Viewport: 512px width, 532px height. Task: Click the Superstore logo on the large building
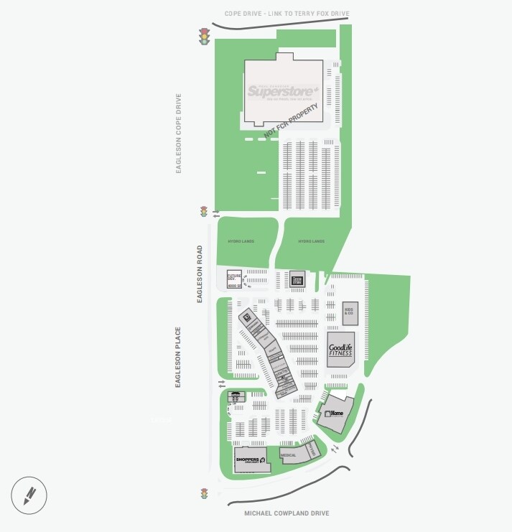[x=282, y=92]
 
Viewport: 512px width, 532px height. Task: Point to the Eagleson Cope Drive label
[x=179, y=133]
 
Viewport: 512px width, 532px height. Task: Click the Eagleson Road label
[x=200, y=274]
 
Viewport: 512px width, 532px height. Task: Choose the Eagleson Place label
[x=177, y=358]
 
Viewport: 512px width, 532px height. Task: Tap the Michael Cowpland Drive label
[x=287, y=513]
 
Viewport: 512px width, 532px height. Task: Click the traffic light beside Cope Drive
[x=204, y=37]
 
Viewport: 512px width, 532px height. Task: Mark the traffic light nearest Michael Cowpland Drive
[x=204, y=494]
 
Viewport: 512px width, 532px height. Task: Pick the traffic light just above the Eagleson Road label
[x=204, y=212]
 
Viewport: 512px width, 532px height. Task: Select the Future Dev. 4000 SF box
[x=234, y=279]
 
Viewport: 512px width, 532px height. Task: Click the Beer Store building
[x=297, y=279]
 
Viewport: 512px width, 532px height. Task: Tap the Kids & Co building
[x=350, y=311]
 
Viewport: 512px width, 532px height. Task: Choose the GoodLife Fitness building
[x=341, y=350]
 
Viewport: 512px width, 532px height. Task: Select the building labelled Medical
[x=289, y=455]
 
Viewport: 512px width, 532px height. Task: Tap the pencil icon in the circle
[x=29, y=495]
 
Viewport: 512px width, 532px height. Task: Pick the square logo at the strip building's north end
[x=245, y=317]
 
